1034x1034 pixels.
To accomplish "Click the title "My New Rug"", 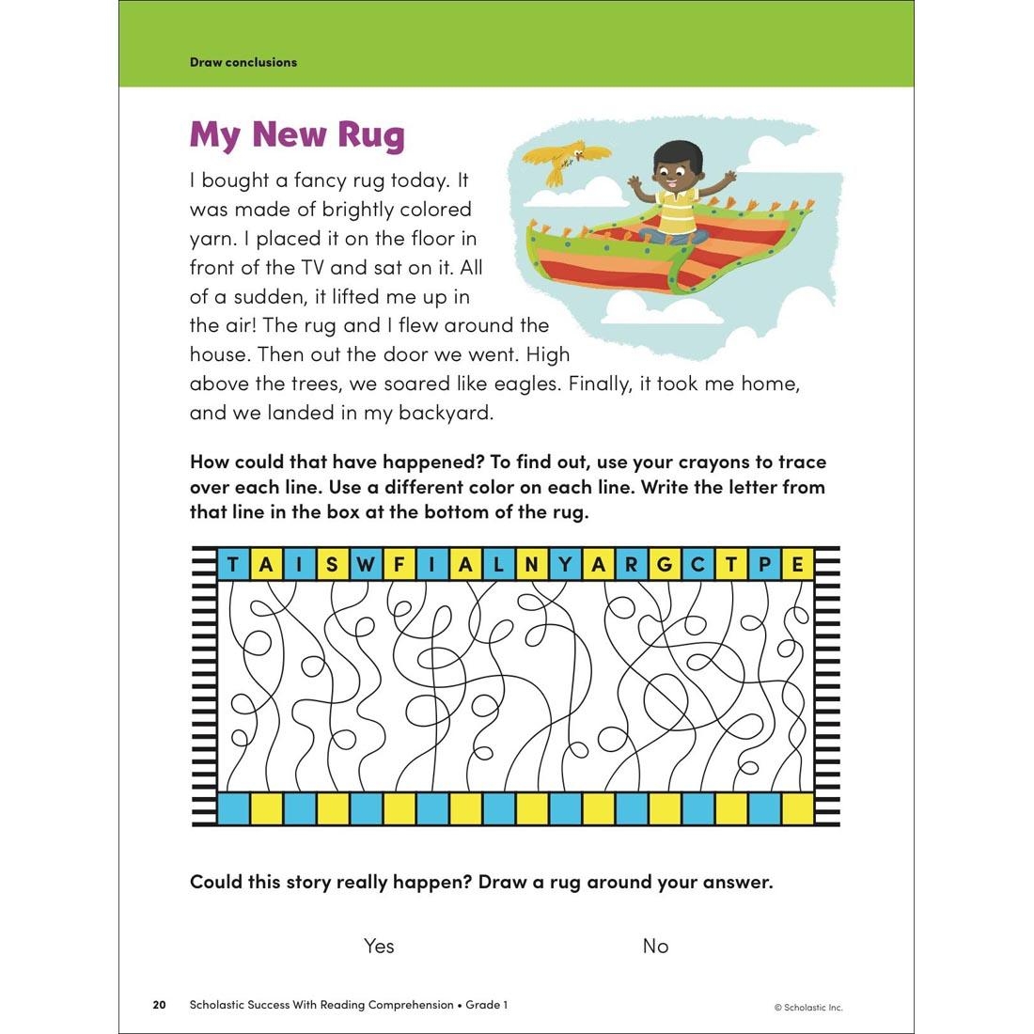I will coord(297,134).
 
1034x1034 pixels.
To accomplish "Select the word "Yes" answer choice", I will coord(379,946).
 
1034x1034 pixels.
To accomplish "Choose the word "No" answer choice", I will coord(655,946).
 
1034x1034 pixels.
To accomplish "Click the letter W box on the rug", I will coord(366,565).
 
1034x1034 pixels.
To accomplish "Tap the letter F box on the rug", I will coord(399,565).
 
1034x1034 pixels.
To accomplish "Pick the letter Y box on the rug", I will coord(565,565).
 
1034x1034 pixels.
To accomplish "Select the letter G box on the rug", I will coord(665,565).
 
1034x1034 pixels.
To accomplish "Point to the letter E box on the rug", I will coord(798,565).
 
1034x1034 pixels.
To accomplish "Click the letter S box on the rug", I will coord(332,565).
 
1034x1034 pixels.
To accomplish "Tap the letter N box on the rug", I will coord(532,565).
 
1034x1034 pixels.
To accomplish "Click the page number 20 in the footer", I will coord(159,1005).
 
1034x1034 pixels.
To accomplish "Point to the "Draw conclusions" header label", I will coord(243,62).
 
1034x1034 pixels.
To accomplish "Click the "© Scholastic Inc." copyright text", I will coord(808,1007).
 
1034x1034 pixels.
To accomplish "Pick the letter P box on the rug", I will coord(764,565).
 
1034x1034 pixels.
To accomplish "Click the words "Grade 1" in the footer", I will coord(487,1005).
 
